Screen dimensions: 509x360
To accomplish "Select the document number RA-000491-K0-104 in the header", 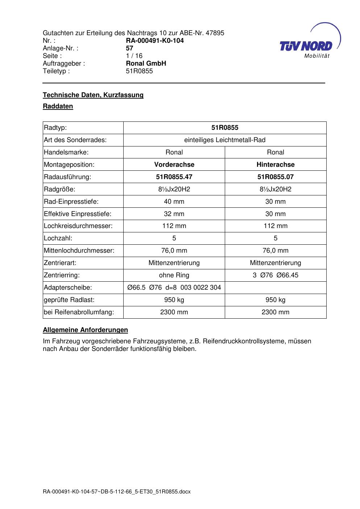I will pos(154,41).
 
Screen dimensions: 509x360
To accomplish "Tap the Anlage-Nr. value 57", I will pos(129,48).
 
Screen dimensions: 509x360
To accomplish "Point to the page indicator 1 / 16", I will pos(134,56).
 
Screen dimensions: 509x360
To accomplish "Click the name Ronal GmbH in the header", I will pos(146,63).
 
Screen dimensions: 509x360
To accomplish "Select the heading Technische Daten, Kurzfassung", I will pos(93,95).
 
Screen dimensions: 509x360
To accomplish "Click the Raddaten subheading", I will pos(58,106).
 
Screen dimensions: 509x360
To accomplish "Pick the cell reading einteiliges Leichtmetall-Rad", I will pos(225,140).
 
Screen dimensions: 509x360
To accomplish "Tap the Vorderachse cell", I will pos(174,165).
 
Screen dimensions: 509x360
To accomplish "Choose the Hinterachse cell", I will pos(276,165).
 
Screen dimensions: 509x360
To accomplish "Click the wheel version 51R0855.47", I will pos(174,177).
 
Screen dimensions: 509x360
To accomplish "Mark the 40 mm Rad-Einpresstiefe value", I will pos(174,202).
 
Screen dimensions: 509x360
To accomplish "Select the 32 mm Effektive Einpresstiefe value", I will pos(174,214).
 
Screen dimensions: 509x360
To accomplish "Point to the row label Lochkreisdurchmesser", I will pos(78,226).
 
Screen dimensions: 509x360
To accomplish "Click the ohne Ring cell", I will pos(174,275).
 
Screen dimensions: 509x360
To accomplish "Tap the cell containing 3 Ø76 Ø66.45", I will pos(276,275).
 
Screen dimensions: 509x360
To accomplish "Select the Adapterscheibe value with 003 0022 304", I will pos(174,287).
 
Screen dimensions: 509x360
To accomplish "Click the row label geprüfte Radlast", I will pos(69,300).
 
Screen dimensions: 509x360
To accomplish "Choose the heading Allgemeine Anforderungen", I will pos(85,330).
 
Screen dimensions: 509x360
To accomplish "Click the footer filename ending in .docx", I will pos(117,492).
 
